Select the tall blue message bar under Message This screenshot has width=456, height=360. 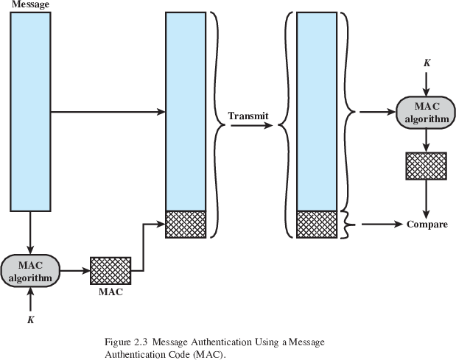(30, 110)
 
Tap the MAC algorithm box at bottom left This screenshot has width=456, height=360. (30, 270)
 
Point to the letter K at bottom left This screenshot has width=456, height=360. (30, 319)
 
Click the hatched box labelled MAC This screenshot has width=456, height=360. (111, 270)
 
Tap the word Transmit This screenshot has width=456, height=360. (248, 116)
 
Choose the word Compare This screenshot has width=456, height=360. (427, 224)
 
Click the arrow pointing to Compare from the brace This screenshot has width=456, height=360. (376, 223)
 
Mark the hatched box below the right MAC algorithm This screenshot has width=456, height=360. (427, 166)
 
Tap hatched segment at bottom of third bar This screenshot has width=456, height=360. (316, 224)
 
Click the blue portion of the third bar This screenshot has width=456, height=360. (316, 110)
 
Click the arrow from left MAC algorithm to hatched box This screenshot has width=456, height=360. (73, 270)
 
